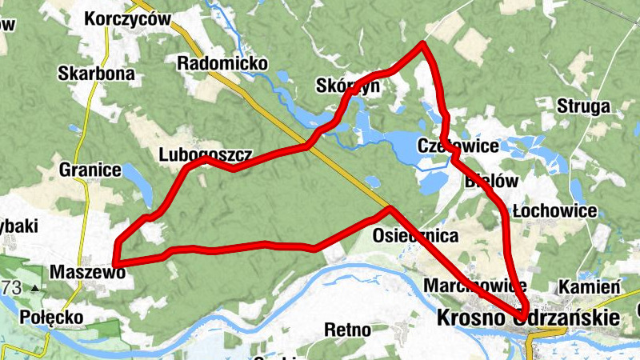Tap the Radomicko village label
[223, 63]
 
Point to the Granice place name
[90, 170]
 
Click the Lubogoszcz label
[206, 154]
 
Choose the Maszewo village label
[88, 273]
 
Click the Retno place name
[348, 329]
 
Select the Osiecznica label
[415, 236]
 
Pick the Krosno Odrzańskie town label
[528, 318]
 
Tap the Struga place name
[583, 106]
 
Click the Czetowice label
[458, 146]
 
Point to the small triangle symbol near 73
[35, 288]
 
